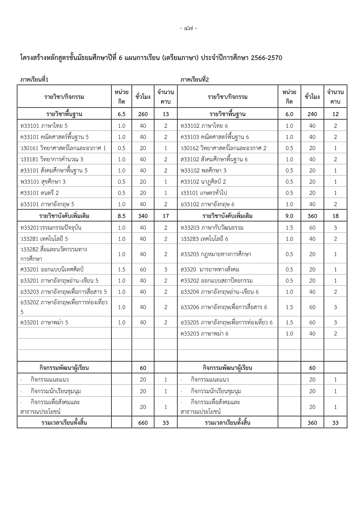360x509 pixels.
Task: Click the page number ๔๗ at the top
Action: (x=188, y=28)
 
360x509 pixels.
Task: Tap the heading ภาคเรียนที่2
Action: (x=195, y=80)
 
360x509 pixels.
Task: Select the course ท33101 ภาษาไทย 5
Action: (x=44, y=126)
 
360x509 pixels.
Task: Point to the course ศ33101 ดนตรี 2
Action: (x=39, y=193)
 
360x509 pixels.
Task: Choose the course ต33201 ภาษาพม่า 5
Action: (x=44, y=322)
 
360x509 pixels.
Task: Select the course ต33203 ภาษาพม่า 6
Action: (x=204, y=334)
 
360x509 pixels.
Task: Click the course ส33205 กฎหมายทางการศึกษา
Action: (x=216, y=254)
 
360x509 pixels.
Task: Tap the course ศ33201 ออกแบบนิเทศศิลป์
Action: (x=52, y=270)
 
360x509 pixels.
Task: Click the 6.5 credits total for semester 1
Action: (x=122, y=114)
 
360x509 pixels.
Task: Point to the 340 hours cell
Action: (x=143, y=216)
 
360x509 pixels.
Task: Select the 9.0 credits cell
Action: (x=289, y=216)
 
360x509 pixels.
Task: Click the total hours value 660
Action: (x=143, y=423)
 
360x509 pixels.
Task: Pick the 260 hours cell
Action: (x=143, y=114)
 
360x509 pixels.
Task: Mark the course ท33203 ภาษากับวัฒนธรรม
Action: (x=212, y=228)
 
